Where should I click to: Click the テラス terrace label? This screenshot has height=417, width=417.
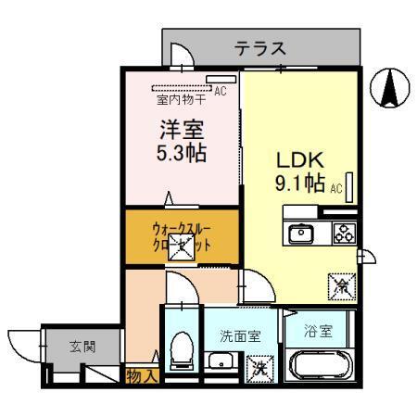click(259, 48)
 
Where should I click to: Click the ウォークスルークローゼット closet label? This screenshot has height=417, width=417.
click(182, 238)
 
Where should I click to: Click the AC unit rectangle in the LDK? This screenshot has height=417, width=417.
click(350, 182)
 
